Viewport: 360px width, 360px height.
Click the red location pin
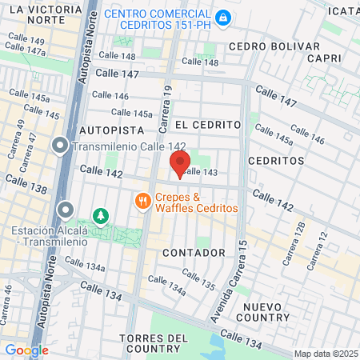180,163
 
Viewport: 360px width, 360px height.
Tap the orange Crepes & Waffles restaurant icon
143,201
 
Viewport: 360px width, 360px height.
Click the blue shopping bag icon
225,16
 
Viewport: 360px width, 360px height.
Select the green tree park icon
100,215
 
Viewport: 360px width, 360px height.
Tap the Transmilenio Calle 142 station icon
60,146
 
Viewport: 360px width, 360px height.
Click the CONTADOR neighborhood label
194,253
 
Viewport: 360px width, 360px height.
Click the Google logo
27,350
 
